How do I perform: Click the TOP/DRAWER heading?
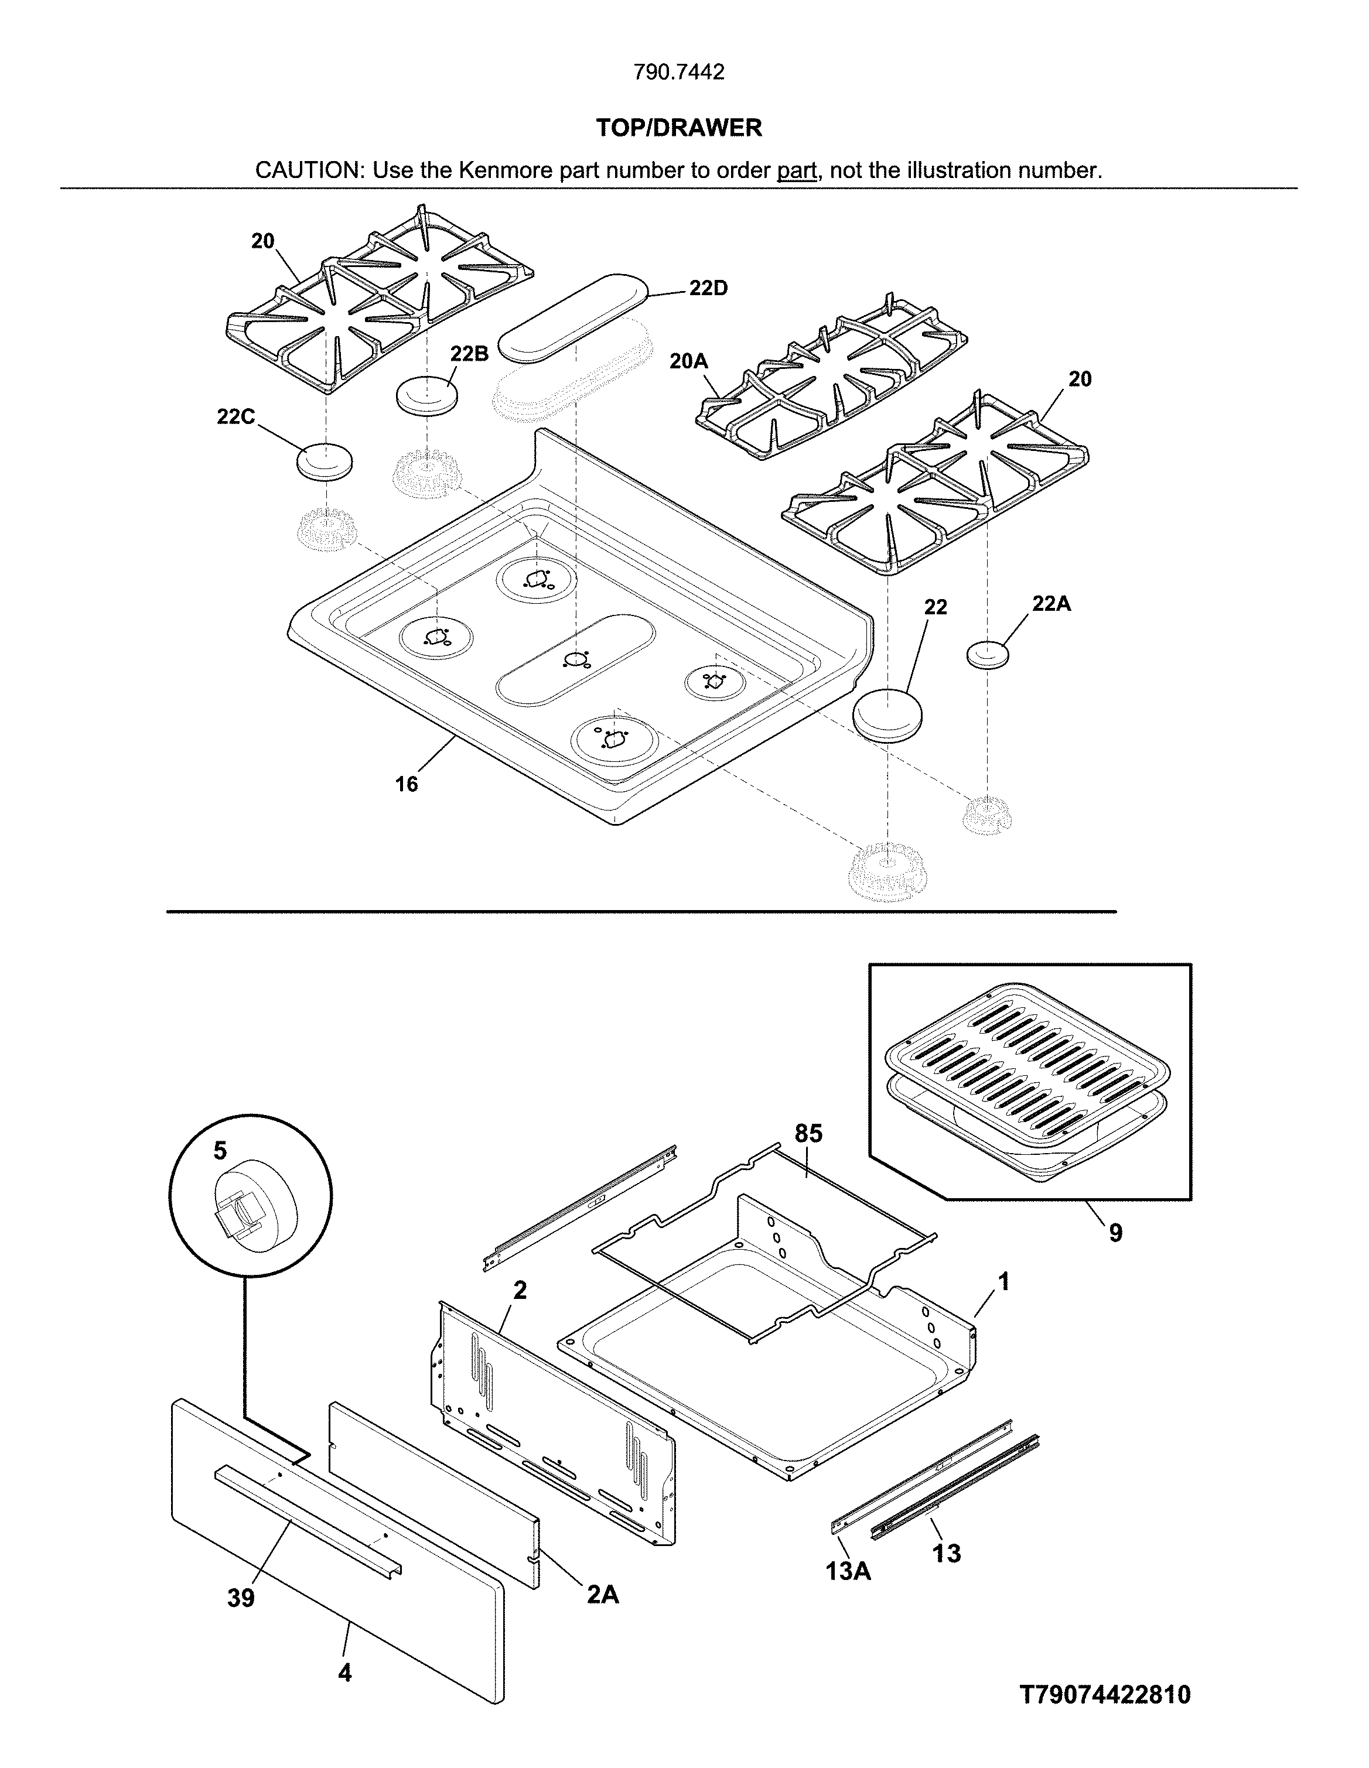678,128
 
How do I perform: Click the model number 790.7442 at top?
678,73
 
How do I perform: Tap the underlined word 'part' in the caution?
797,171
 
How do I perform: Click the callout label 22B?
470,354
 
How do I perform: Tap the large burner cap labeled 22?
888,714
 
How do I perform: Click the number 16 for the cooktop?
407,784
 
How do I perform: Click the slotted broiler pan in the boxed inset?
1028,1061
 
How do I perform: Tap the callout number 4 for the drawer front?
345,1673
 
